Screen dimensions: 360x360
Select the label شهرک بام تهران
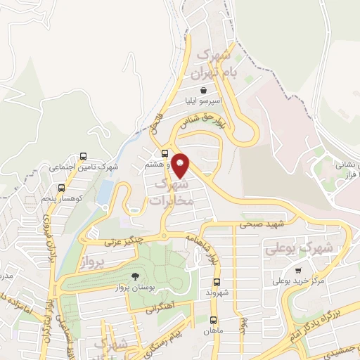click(x=219, y=63)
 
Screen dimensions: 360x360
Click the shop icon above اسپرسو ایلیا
click(x=203, y=90)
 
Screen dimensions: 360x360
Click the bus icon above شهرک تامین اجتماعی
click(x=84, y=156)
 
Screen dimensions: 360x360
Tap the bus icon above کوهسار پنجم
click(x=61, y=188)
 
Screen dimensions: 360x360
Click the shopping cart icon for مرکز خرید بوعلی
click(x=299, y=271)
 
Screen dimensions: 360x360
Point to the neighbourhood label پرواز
click(x=91, y=262)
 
